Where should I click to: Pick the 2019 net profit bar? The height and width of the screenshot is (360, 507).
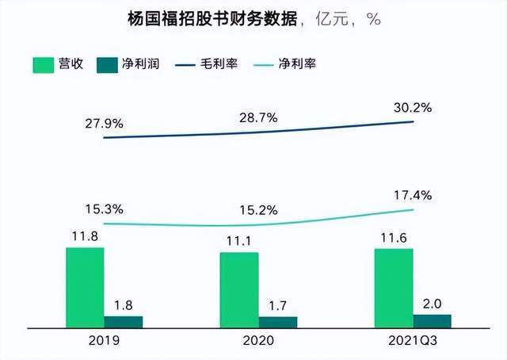124,321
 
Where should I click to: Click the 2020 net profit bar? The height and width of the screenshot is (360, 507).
278,322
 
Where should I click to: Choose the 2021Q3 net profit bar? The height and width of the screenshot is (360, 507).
433,320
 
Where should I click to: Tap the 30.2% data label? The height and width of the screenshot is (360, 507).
412,107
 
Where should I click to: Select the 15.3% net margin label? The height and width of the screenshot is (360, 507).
104,209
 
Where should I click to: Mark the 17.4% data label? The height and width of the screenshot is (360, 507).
412,194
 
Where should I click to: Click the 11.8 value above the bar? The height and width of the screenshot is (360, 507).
85,236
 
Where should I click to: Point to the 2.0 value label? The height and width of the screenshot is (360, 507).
433,303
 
